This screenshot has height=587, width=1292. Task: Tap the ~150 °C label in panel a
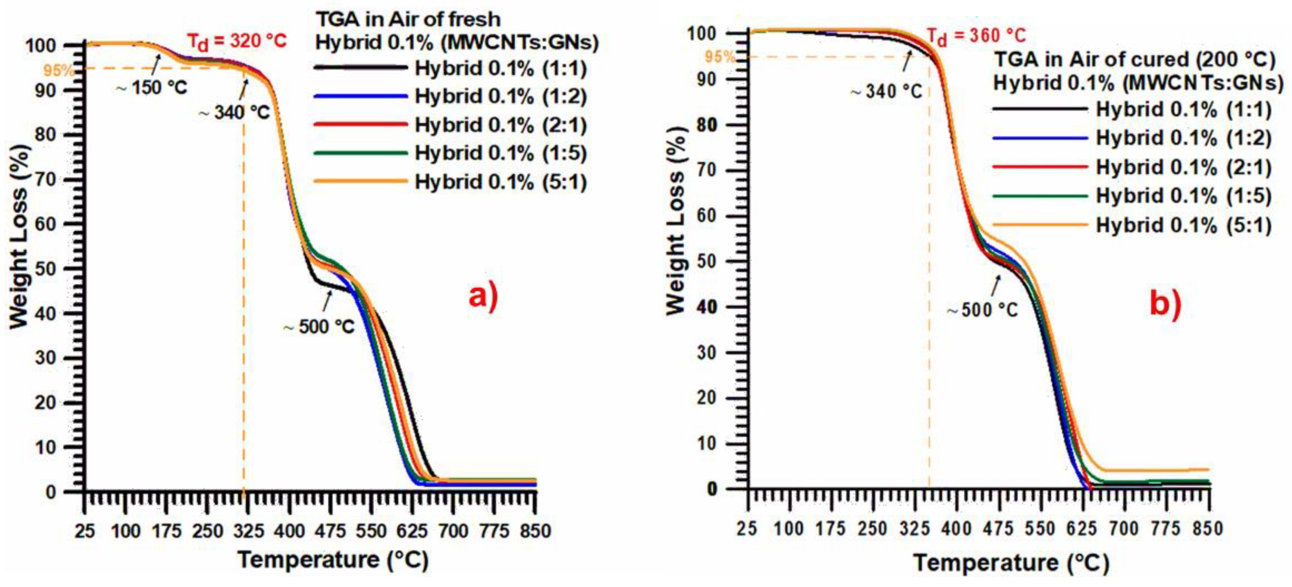click(x=152, y=88)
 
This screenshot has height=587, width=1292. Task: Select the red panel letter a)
click(x=484, y=296)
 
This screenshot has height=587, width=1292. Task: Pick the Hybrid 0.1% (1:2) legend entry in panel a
click(x=501, y=96)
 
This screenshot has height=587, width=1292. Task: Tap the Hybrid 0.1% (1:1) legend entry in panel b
click(x=1184, y=109)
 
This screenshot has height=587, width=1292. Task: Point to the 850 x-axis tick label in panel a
click(x=535, y=530)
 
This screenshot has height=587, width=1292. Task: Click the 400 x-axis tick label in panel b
click(x=956, y=528)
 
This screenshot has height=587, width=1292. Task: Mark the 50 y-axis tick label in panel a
click(x=45, y=269)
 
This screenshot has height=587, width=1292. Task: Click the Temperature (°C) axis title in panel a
click(x=333, y=560)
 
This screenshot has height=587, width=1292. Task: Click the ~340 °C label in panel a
click(x=235, y=112)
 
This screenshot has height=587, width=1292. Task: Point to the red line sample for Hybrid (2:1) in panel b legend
click(x=1040, y=166)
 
